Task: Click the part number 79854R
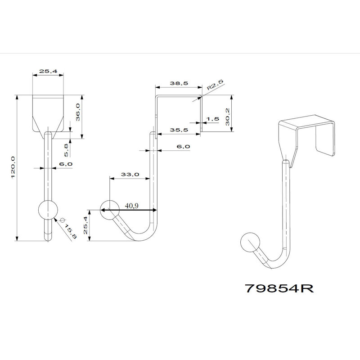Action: coord(279,288)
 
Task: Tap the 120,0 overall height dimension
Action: coord(13,167)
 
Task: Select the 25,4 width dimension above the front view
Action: coord(48,71)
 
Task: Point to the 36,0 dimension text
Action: coord(78,112)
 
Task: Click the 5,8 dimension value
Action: coord(66,150)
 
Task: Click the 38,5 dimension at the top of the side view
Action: coord(179,83)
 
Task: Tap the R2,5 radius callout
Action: coord(215,85)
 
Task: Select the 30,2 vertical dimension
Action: coord(227,117)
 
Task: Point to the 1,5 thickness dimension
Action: coord(212,119)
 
